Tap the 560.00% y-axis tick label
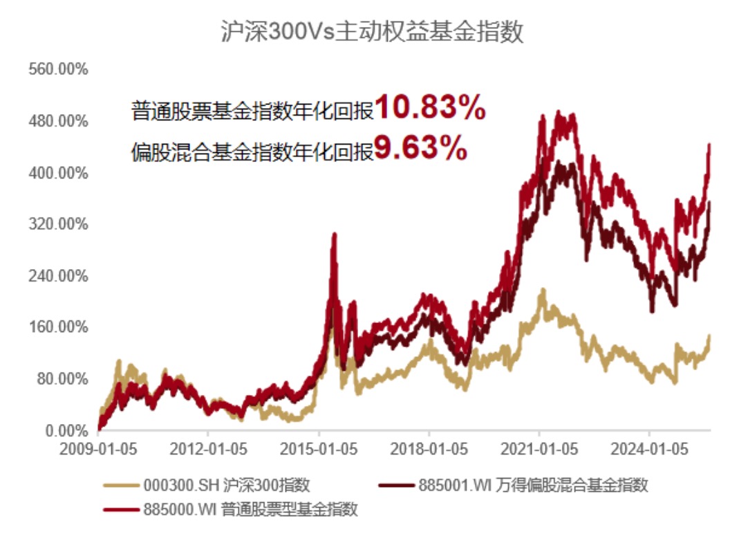58,70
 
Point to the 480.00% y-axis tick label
58,122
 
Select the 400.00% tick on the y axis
58,173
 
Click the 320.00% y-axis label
58,225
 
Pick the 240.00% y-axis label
58,276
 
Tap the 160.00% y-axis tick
58,327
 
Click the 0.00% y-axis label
64,430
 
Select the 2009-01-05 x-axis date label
98,450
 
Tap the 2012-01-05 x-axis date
209,450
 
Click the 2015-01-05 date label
319,450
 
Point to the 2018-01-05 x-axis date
429,450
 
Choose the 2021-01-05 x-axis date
540,450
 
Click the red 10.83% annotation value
430,109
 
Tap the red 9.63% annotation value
420,149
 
